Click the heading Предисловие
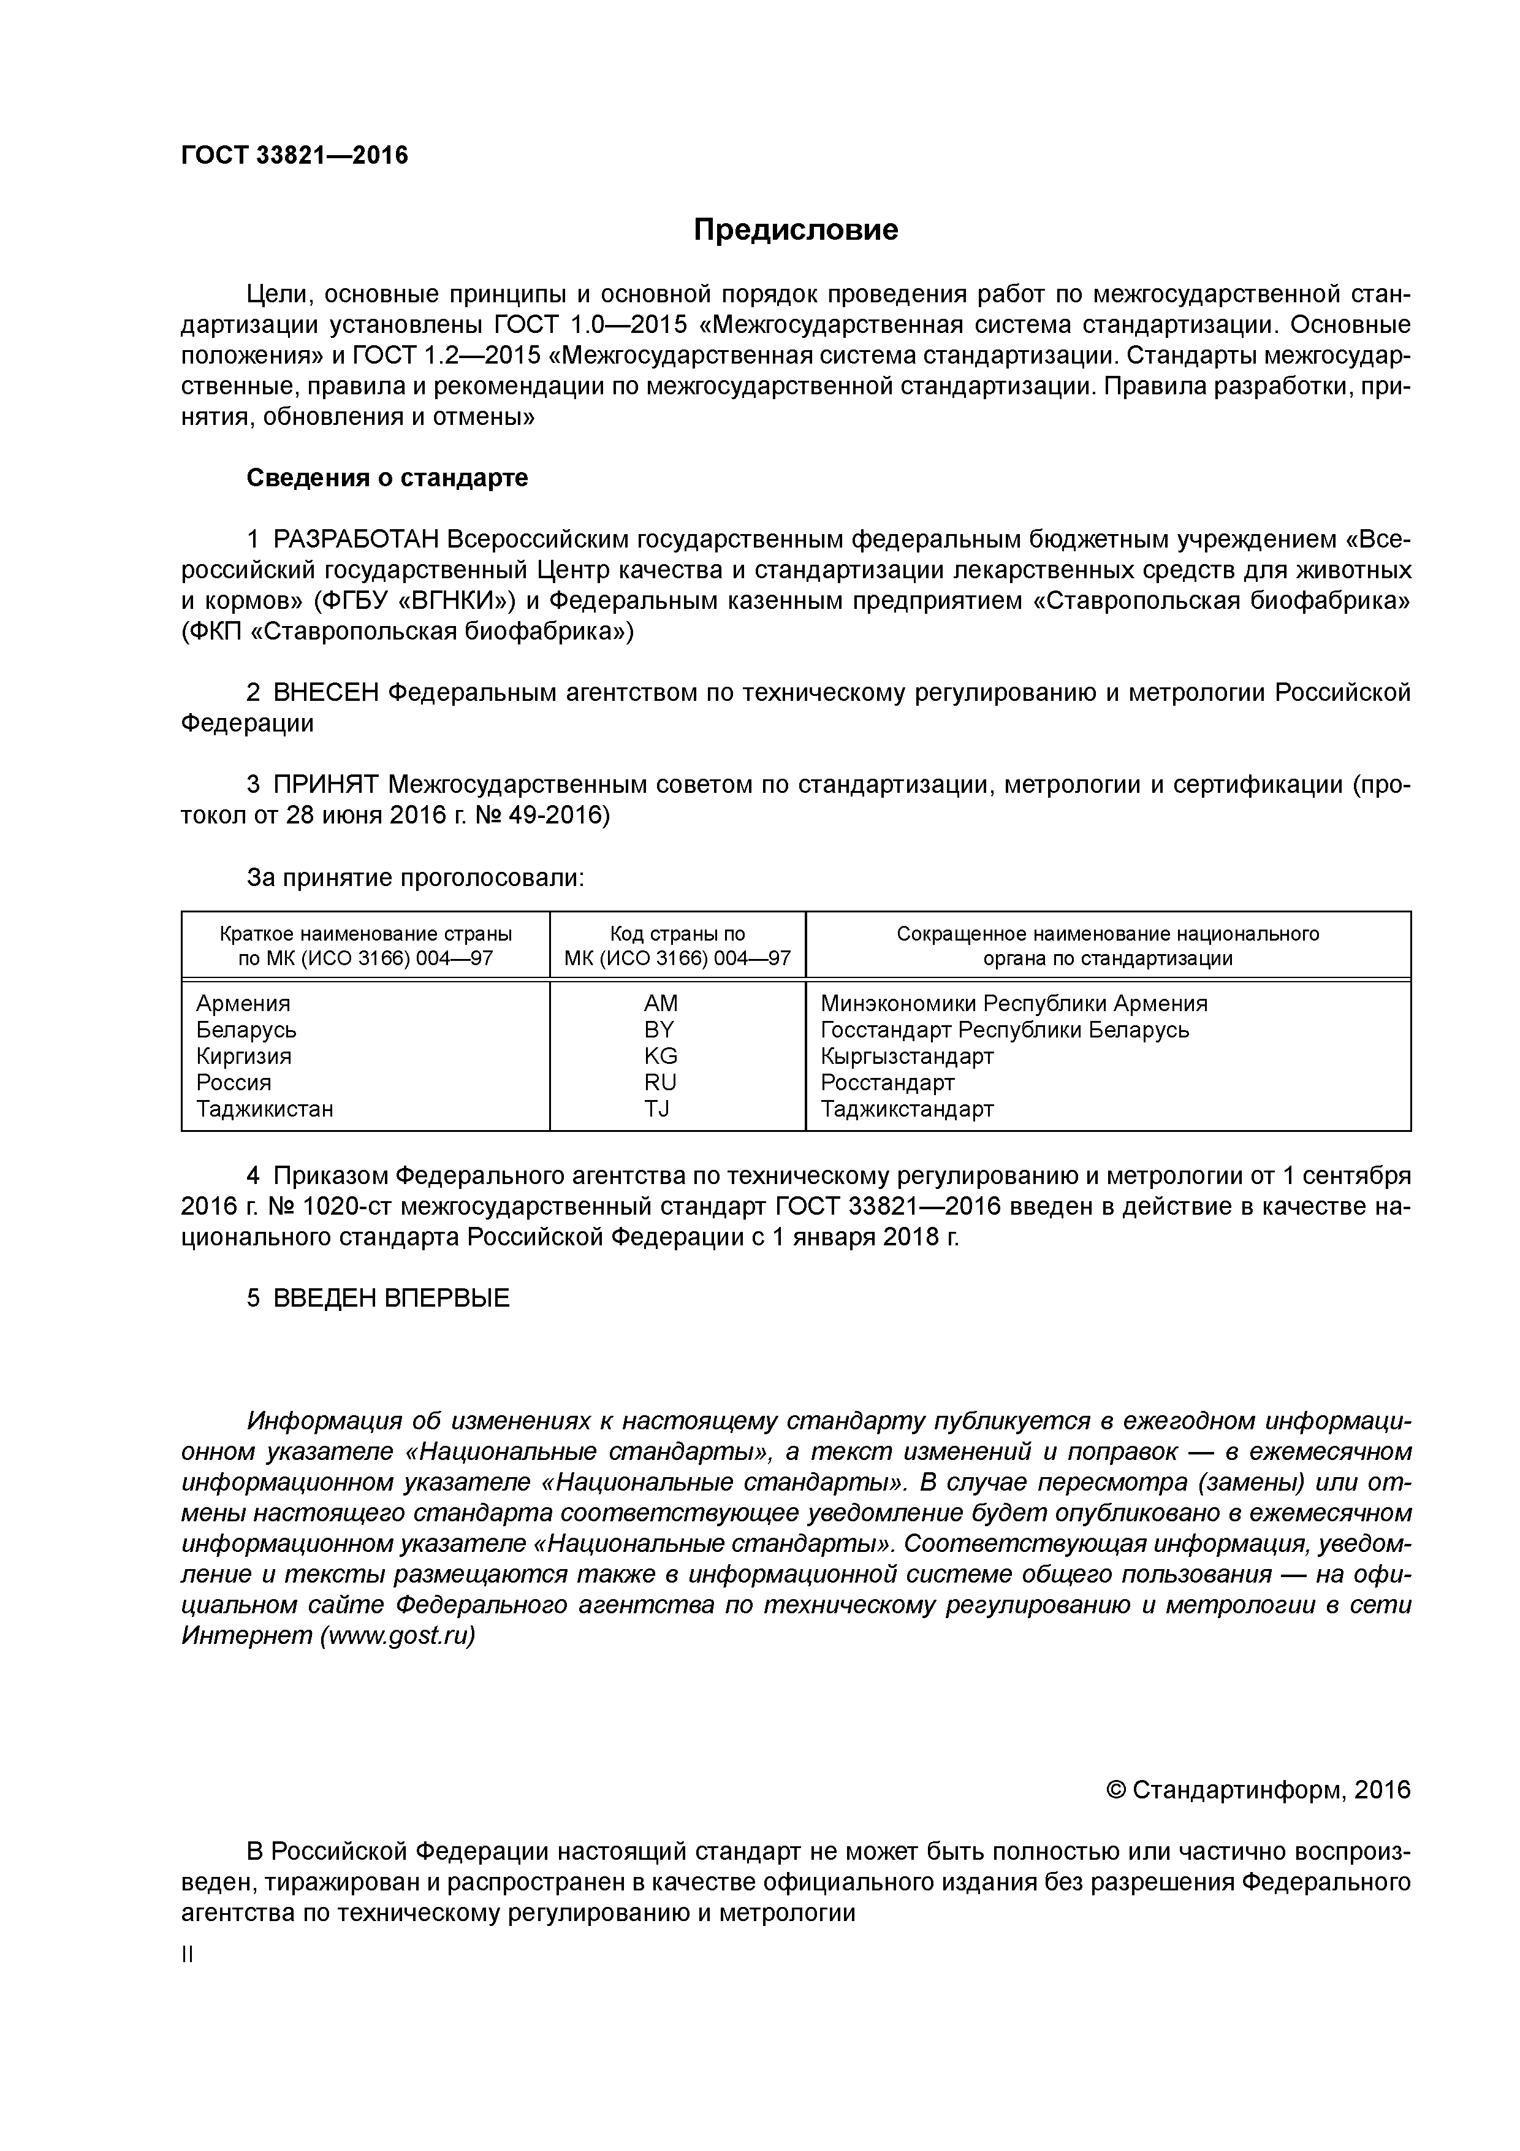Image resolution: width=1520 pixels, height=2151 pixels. [x=795, y=229]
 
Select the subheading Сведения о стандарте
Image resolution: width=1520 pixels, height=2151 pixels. [x=387, y=478]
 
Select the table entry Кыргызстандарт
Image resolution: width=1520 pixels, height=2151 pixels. [x=906, y=1056]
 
